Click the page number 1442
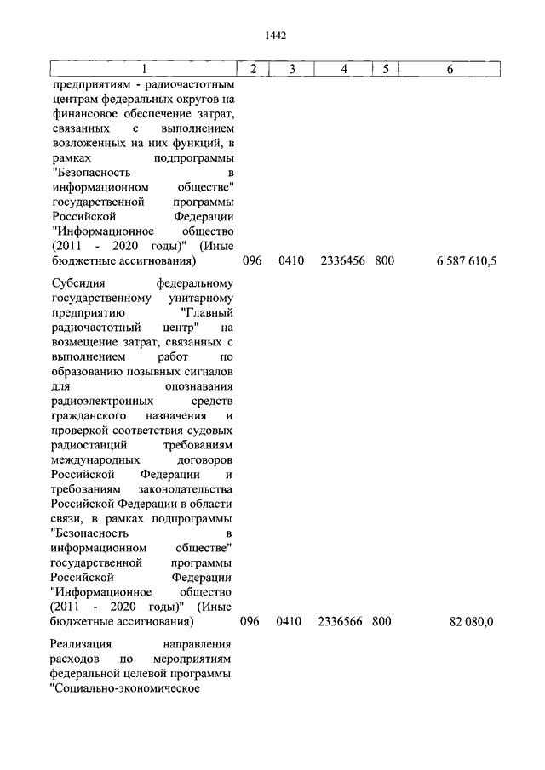pyautogui.click(x=275, y=36)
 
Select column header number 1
pyautogui.click(x=144, y=69)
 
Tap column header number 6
pyautogui.click(x=450, y=69)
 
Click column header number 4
pyautogui.click(x=343, y=69)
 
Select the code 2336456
pyautogui.click(x=343, y=261)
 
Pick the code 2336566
pyautogui.click(x=343, y=623)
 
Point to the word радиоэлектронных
pyautogui.click(x=102, y=400)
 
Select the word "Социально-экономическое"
pyautogui.click(x=124, y=689)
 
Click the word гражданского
pyautogui.click(x=89, y=415)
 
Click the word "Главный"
pyautogui.click(x=204, y=313)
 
